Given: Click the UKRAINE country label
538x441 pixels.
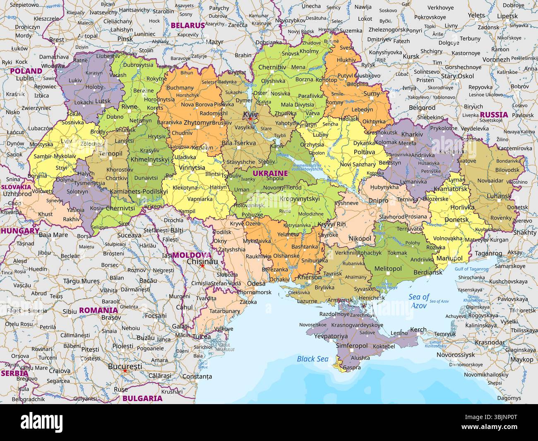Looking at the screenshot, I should pos(270,173).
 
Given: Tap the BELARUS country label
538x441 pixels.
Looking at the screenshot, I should pos(188,25).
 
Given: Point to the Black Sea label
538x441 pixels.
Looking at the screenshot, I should pos(312,359).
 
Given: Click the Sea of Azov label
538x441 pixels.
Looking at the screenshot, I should pos(419,301).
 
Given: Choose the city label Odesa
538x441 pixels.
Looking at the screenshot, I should pos(256,283).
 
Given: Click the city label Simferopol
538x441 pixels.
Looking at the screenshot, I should pos(351,345).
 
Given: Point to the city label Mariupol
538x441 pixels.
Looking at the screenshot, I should pos(449,258).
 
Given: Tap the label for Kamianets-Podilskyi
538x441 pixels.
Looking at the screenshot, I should pos(139,191).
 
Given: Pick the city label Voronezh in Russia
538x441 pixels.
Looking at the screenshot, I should pos(496,59).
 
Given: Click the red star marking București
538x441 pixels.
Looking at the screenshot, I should pos(125,371).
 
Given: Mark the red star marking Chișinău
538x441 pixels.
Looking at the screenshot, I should pos(202,266).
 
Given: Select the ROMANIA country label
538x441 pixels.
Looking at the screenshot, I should pos(98,310).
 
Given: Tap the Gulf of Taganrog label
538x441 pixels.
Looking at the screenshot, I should pos(471,269).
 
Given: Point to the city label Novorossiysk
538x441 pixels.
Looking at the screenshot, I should pos(456,355).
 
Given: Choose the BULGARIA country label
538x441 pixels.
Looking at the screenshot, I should pos(142,398).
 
